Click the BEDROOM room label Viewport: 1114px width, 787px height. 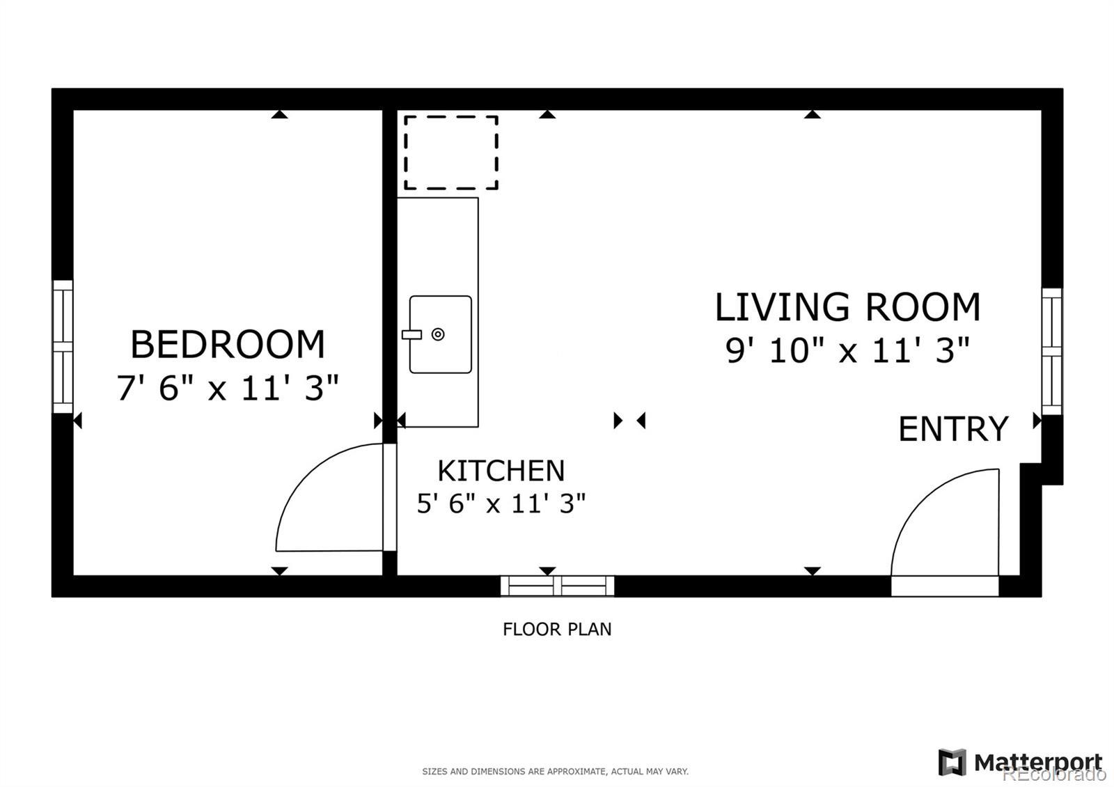tap(227, 344)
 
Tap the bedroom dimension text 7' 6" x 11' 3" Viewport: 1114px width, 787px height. tap(227, 387)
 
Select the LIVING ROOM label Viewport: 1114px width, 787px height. tap(847, 306)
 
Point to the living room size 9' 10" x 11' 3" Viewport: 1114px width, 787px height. tap(847, 350)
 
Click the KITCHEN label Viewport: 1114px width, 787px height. tap(501, 470)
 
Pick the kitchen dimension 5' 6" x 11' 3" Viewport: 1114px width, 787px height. tap(501, 503)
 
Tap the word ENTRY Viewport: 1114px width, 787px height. tap(953, 428)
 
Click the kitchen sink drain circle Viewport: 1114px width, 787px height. tap(438, 334)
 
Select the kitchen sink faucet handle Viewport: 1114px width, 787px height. tap(411, 335)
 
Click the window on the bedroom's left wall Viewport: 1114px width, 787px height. tap(63, 346)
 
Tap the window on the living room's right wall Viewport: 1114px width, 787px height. tap(1052, 351)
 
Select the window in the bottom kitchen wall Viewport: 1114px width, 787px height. tap(558, 586)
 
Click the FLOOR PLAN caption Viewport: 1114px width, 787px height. tap(557, 630)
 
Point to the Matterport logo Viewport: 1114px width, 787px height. tap(1019, 762)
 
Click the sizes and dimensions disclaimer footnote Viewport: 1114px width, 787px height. tap(556, 771)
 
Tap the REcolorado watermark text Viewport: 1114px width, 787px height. tap(1054, 774)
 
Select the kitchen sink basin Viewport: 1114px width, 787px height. tap(440, 334)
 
